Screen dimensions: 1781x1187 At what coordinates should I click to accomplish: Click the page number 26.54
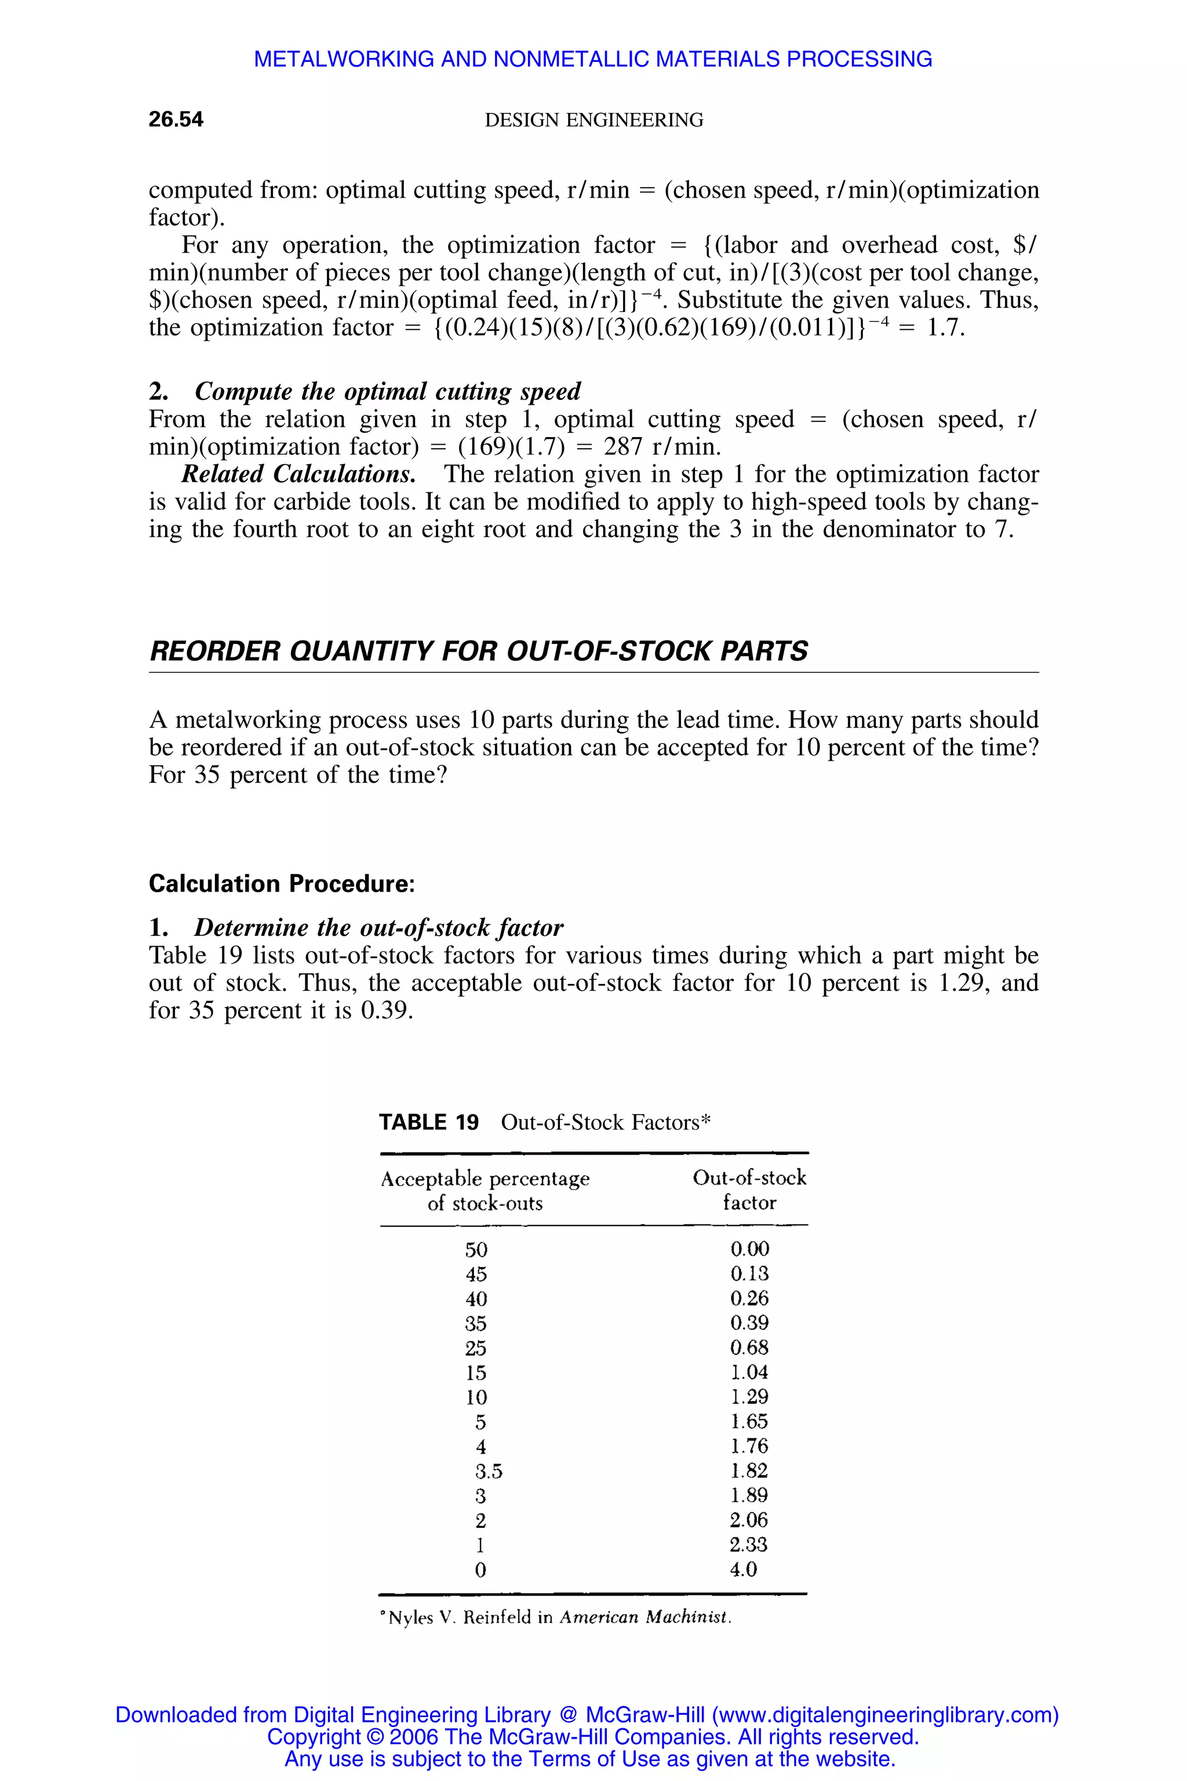pos(176,119)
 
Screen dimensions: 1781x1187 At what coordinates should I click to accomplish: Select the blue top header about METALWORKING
pos(593,59)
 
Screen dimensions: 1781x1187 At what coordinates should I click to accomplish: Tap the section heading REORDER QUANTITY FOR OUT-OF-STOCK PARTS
pos(478,651)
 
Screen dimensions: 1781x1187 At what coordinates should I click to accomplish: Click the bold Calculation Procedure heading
pos(282,884)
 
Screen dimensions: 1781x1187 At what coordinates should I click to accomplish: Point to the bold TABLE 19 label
pos(428,1122)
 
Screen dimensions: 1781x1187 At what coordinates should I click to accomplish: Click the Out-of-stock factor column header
pos(749,1190)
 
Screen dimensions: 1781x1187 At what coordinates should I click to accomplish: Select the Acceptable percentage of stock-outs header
pos(485,1190)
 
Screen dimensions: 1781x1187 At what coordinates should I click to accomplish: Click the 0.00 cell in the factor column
pos(749,1249)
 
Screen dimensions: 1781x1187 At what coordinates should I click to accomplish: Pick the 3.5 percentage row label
pos(488,1470)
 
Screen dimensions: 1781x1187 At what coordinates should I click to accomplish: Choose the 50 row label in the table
pos(476,1249)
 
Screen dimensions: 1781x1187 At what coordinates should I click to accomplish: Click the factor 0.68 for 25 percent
pos(749,1347)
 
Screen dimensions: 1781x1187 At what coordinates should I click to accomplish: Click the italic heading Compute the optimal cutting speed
pos(388,391)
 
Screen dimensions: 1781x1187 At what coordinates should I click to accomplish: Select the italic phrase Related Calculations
pos(298,474)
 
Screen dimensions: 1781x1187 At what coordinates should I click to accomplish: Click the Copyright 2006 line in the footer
pos(593,1736)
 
